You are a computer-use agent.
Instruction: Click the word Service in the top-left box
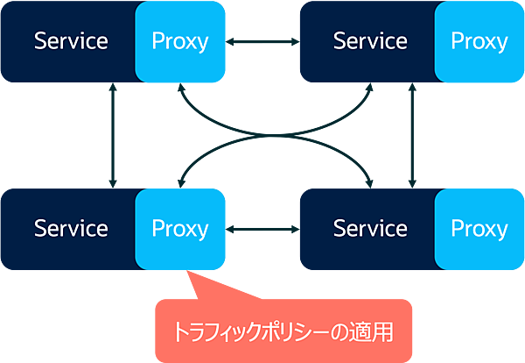tap(70, 41)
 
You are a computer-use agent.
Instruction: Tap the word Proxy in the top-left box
tap(180, 41)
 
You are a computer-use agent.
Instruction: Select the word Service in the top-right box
tap(370, 41)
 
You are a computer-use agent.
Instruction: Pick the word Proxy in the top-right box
tap(479, 41)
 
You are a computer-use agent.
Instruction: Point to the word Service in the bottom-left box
tap(70, 229)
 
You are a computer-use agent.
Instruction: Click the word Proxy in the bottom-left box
tap(180, 229)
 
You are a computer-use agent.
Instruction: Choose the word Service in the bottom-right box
tap(370, 229)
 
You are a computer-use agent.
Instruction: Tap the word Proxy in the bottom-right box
tap(479, 229)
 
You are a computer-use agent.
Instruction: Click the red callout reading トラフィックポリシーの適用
tap(282, 331)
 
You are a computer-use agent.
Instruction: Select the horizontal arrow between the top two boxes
tap(262, 41)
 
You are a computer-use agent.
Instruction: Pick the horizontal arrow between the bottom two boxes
tap(262, 229)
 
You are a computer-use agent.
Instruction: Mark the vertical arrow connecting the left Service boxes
tap(113, 135)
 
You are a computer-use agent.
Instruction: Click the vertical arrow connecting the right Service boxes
tap(412, 135)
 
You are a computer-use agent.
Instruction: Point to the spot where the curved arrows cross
tap(262, 135)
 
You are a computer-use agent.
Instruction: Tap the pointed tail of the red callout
tap(190, 282)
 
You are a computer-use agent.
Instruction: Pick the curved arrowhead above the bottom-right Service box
tap(369, 181)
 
